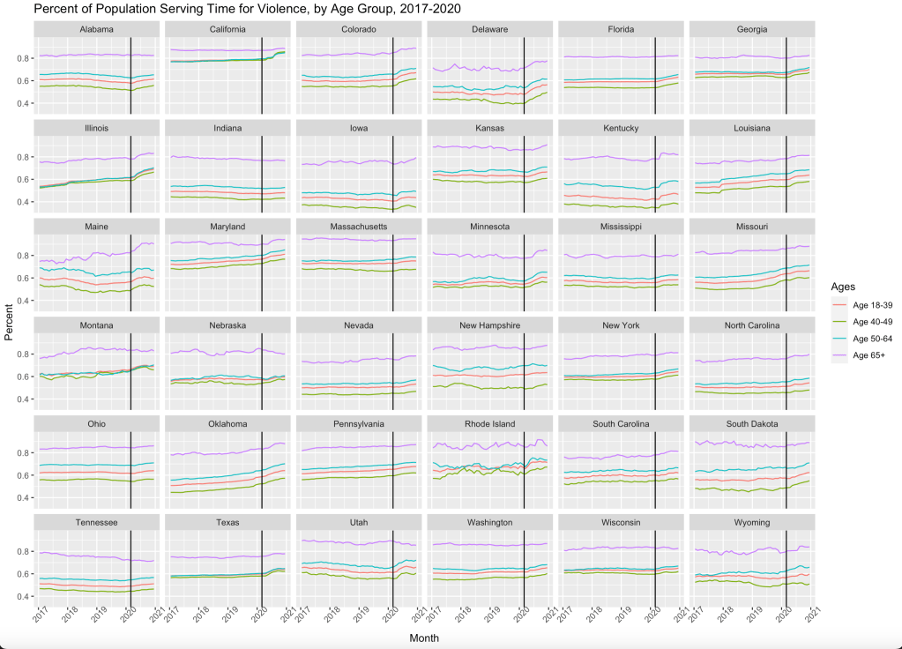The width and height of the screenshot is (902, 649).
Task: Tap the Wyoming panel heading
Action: click(752, 523)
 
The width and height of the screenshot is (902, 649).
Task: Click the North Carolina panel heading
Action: click(752, 325)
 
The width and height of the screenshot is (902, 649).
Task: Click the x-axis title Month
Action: click(424, 638)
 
